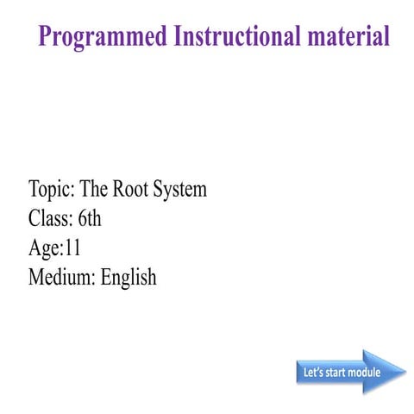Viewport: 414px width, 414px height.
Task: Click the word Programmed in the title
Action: pos(103,36)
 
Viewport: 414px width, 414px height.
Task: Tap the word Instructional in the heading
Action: pos(244,36)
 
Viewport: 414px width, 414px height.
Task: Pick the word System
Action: pos(180,189)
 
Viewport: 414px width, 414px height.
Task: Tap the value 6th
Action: pos(89,218)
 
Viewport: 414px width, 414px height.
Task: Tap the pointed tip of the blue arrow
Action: pos(404,373)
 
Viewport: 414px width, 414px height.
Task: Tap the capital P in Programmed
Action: pos(47,36)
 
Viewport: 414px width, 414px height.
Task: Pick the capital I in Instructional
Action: pos(179,36)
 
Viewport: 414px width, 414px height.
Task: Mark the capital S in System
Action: pos(160,189)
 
